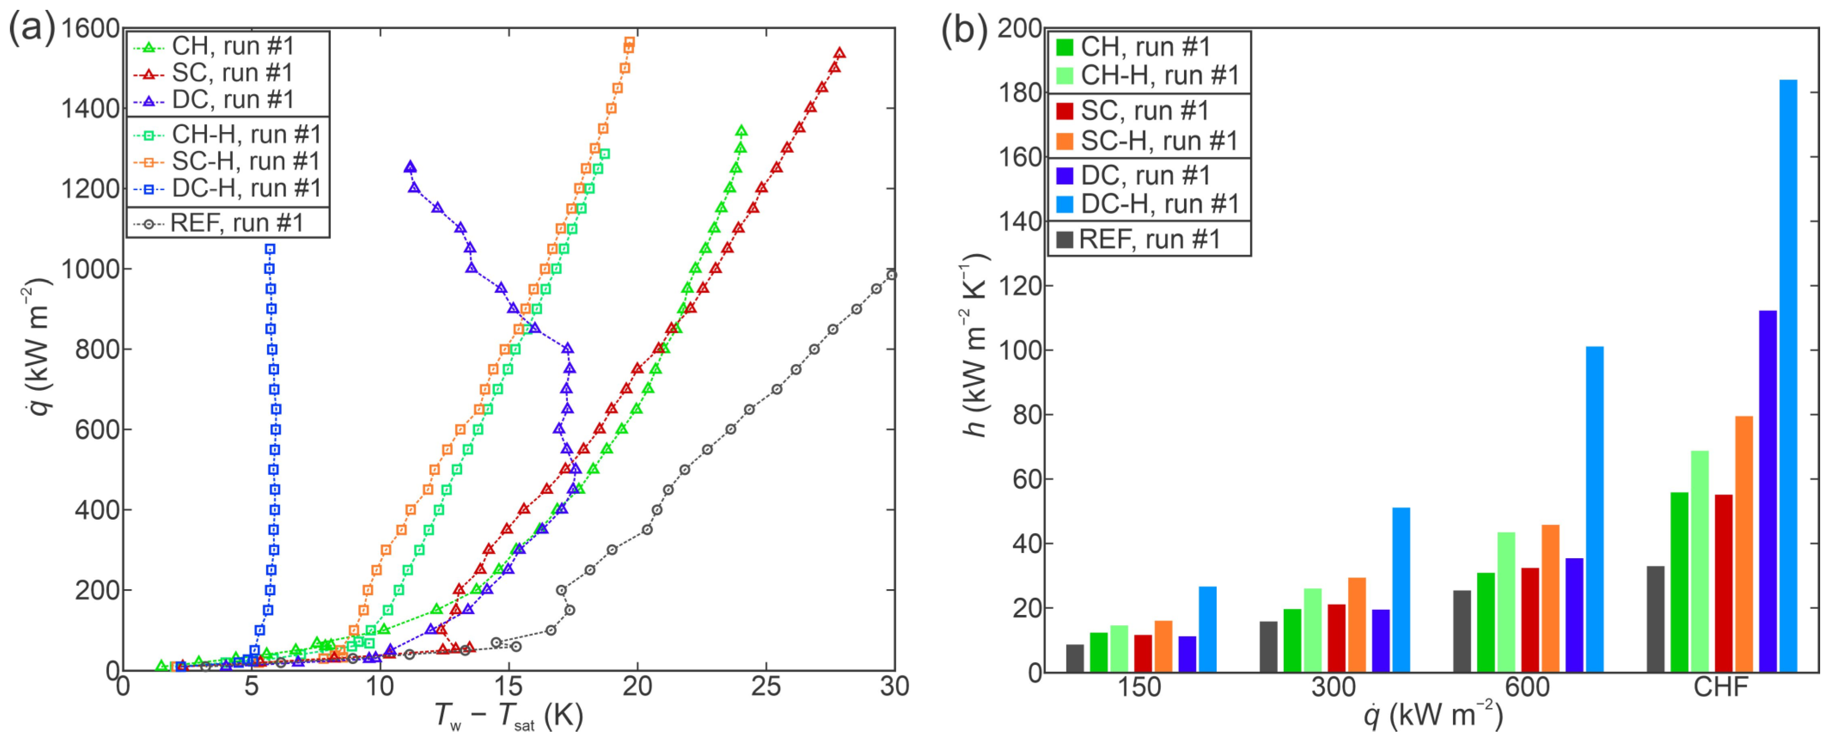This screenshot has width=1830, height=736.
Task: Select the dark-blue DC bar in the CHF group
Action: tap(1767, 490)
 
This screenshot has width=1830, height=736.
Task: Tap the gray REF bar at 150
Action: tap(1075, 658)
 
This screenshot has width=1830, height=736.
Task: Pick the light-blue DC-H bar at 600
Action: tap(1594, 509)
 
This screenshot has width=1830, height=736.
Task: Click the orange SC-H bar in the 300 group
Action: tap(1357, 624)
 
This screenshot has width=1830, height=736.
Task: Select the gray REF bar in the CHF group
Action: tap(1655, 618)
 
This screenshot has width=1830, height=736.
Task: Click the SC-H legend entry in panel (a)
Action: tap(227, 161)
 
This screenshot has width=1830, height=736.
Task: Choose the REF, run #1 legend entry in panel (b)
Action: tap(1149, 240)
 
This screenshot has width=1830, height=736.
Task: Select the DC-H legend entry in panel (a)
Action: tap(227, 188)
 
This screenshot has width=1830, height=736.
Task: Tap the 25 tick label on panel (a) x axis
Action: tap(766, 687)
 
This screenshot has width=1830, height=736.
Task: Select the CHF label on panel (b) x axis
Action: tap(1720, 687)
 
